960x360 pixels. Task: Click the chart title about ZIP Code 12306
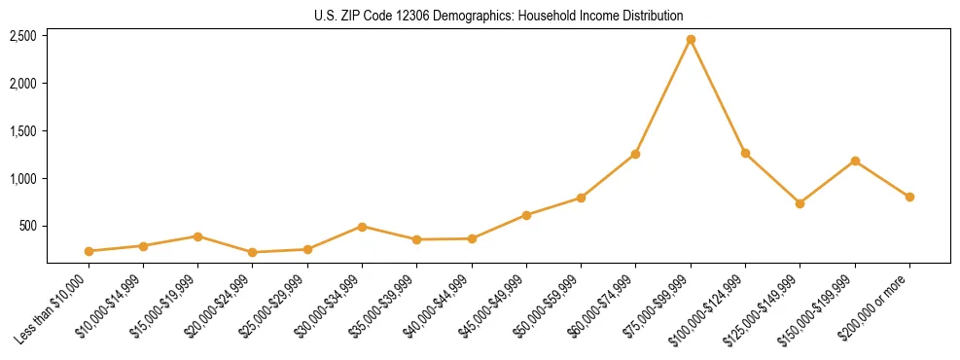[x=499, y=16]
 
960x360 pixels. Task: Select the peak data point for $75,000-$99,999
[x=691, y=40]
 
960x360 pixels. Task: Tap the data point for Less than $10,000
[x=89, y=251]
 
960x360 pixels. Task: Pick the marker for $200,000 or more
[x=909, y=197]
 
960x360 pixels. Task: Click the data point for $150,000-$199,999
[x=855, y=161]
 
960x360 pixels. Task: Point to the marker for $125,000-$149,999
[x=800, y=203]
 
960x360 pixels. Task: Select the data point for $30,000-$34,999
[x=362, y=227]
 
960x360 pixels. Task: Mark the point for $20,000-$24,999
[x=253, y=252]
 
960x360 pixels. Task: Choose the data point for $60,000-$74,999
[x=635, y=154]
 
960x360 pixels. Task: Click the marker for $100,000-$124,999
[x=745, y=153]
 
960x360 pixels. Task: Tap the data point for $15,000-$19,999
[x=197, y=236]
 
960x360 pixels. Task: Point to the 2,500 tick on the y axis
[x=23, y=36]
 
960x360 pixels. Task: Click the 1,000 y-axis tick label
[x=23, y=179]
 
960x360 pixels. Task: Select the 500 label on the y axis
[x=28, y=227]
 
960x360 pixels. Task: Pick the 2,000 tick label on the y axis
[x=23, y=84]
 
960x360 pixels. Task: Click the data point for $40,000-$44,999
[x=472, y=238]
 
